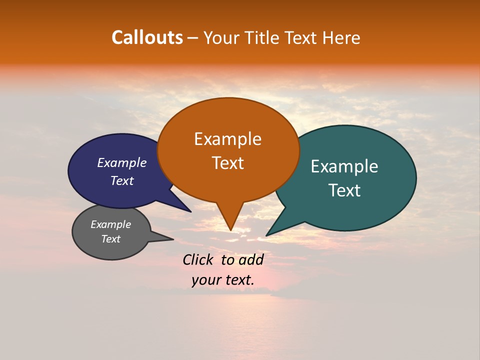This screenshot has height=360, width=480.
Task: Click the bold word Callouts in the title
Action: (147, 37)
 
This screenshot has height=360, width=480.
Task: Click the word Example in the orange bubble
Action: (227, 139)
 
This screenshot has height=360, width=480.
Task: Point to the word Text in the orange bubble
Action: (227, 163)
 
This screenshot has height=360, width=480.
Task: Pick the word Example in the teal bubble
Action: (344, 166)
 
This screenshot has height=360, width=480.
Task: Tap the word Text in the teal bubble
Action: (344, 190)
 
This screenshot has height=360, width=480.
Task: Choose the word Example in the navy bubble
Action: (122, 162)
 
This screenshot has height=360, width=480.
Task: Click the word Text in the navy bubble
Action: (122, 180)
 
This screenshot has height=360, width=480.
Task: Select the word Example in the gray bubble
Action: (111, 224)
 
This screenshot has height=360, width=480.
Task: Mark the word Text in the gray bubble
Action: (111, 239)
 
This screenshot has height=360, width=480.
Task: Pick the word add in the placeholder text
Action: (251, 259)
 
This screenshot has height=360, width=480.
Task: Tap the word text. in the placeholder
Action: (239, 280)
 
